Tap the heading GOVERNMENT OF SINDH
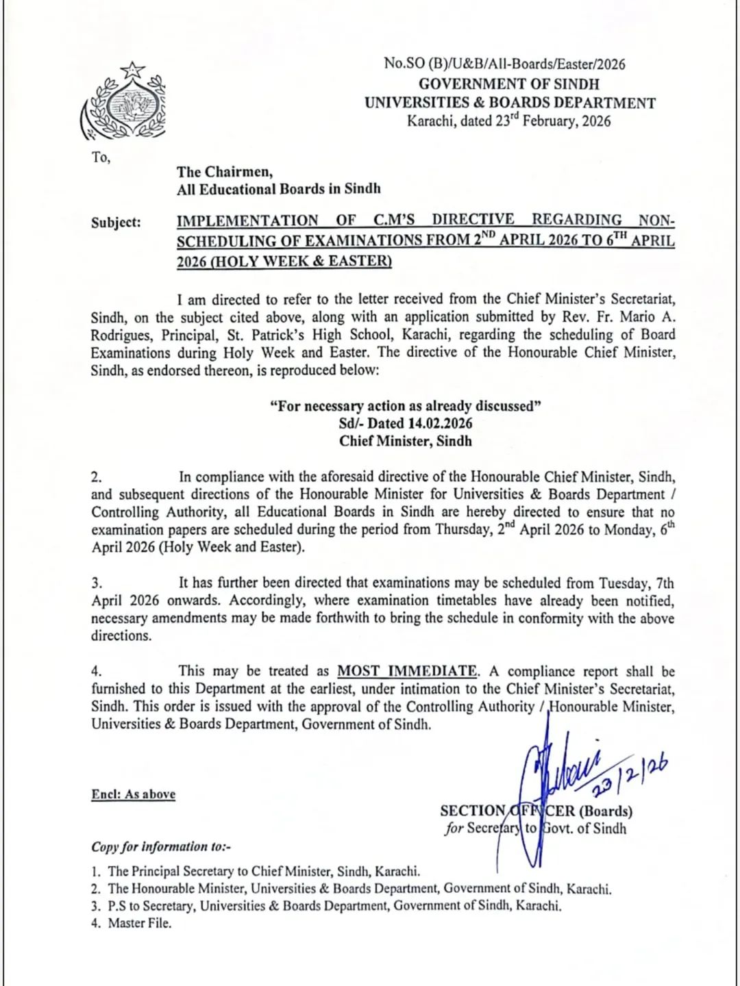(508, 84)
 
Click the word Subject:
(116, 223)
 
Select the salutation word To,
(101, 157)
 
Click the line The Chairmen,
(225, 171)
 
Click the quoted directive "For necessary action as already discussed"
(406, 406)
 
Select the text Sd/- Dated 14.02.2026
(406, 423)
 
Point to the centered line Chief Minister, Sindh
(406, 441)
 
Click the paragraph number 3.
(97, 583)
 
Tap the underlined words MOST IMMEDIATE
(408, 672)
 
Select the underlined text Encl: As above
(134, 794)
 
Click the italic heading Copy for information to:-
(161, 846)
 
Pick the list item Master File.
(140, 923)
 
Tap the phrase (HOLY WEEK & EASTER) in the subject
(284, 261)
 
